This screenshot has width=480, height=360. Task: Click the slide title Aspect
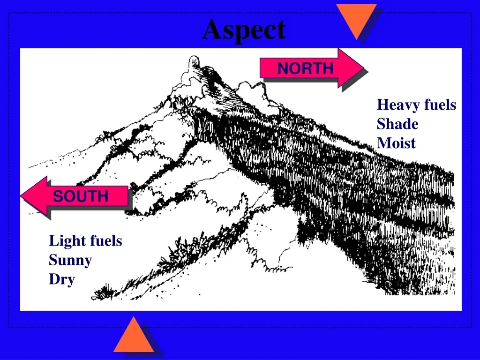click(244, 30)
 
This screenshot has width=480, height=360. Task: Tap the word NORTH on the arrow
click(305, 68)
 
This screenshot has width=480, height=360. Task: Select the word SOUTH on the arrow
click(81, 196)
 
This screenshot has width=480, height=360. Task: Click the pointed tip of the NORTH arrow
click(364, 67)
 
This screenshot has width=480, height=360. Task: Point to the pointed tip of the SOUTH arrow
click(21, 195)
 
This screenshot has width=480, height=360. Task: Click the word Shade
click(397, 124)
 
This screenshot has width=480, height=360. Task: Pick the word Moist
click(396, 143)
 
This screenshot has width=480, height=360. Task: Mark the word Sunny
click(70, 261)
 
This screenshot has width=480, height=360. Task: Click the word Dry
click(62, 280)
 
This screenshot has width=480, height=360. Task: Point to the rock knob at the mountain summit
click(194, 62)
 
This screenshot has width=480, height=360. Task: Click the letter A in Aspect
click(212, 30)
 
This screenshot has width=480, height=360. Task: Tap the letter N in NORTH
click(283, 68)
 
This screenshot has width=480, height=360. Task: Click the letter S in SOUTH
click(58, 196)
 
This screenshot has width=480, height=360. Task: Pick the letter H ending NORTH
click(328, 68)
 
